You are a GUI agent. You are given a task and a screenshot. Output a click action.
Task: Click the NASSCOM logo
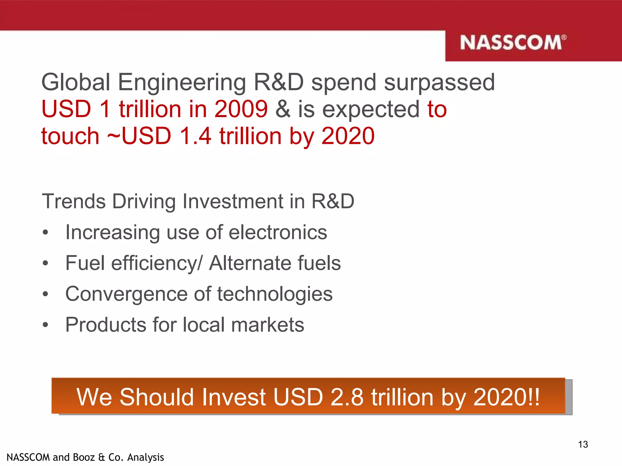click(513, 43)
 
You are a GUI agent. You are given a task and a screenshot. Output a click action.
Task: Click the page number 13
click(583, 444)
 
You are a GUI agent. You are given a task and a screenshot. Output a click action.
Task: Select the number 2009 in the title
click(241, 109)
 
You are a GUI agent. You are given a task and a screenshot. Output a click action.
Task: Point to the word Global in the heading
click(76, 82)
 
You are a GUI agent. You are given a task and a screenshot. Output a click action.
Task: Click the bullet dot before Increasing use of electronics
click(46, 233)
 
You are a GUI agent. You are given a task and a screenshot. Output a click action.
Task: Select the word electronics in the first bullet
click(278, 232)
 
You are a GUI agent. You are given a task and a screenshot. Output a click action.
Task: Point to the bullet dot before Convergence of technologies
click(46, 294)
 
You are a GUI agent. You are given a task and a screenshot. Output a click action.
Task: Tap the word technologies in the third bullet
click(275, 294)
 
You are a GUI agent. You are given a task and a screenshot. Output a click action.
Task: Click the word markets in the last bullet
click(267, 325)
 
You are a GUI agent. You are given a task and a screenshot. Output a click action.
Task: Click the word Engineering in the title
click(182, 82)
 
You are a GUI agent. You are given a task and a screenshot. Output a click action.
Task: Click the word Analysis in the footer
click(145, 457)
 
